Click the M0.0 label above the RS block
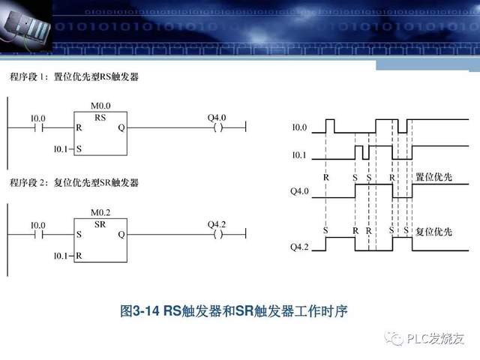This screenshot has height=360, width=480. coord(100,106)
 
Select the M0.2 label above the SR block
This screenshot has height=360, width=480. coord(100,213)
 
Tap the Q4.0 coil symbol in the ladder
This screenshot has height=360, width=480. coord(217,128)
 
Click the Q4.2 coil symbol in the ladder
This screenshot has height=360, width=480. coord(217,235)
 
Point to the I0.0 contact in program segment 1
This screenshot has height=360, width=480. coord(37,128)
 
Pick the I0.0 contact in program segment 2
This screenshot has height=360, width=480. coord(37,235)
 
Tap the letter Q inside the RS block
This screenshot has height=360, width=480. coord(121,128)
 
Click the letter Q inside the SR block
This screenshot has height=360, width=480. coord(121,235)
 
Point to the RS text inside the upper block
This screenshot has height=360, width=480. coord(100,118)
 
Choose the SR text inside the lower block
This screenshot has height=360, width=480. coord(100,224)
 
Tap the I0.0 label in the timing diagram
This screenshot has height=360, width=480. coord(299,127)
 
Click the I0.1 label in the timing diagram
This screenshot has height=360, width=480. coord(299,154)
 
